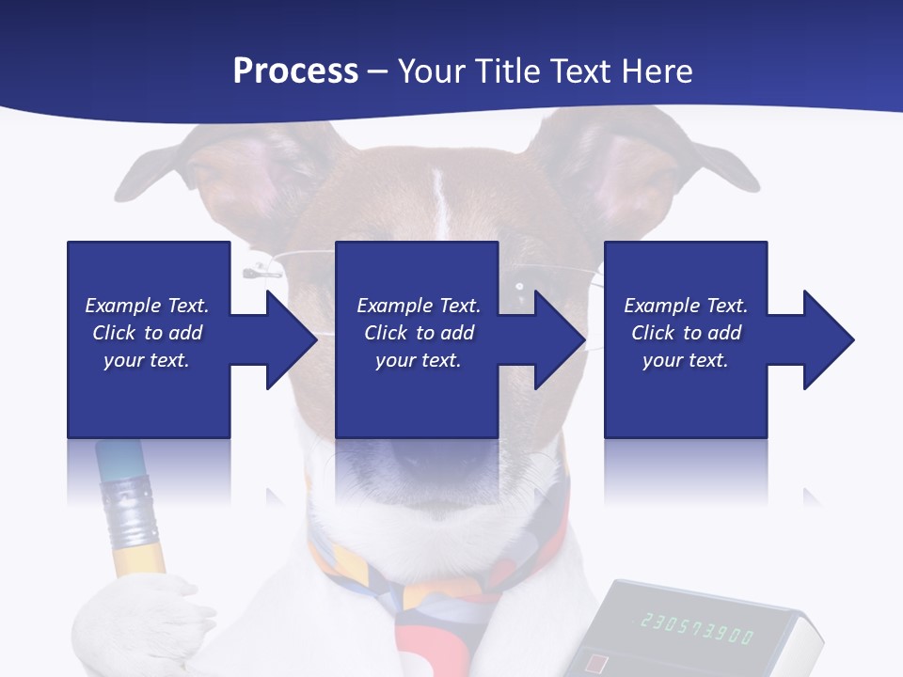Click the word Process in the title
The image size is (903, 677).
295,71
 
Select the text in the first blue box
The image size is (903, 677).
147,333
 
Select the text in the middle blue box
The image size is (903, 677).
419,333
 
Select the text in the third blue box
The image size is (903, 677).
686,333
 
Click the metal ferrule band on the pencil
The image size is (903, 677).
129,509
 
